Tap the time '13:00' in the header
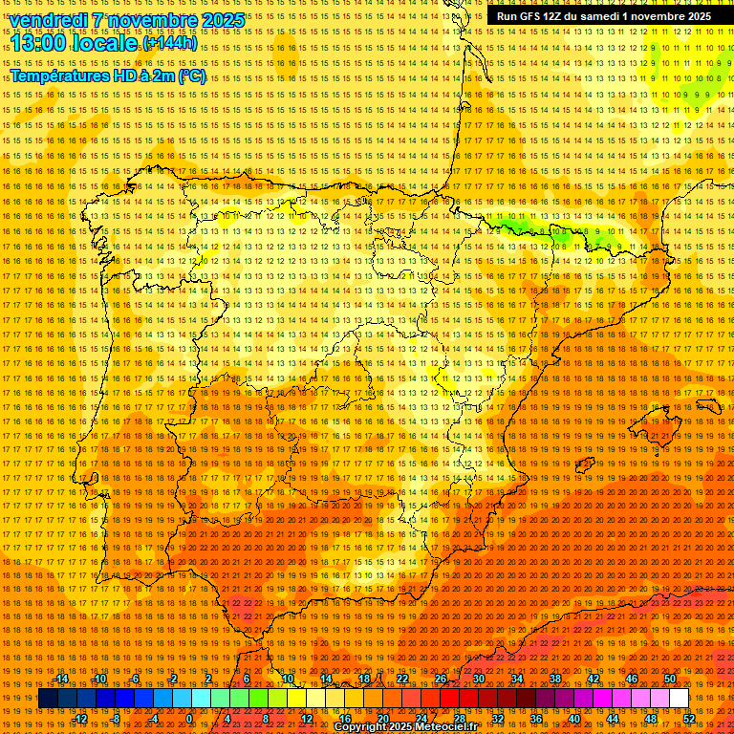pyautogui.click(x=38, y=43)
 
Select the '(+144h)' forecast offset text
pyautogui.click(x=170, y=43)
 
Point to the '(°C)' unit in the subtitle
pyautogui.click(x=191, y=76)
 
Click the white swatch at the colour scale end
pyautogui.click(x=679, y=699)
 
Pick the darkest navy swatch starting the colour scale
pyautogui.click(x=48, y=699)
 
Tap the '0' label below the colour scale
pyautogui.click(x=190, y=719)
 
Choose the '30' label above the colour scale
pyautogui.click(x=478, y=679)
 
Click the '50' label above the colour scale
pyautogui.click(x=669, y=679)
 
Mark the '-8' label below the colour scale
pyautogui.click(x=117, y=719)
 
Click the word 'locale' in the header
pyautogui.click(x=105, y=43)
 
